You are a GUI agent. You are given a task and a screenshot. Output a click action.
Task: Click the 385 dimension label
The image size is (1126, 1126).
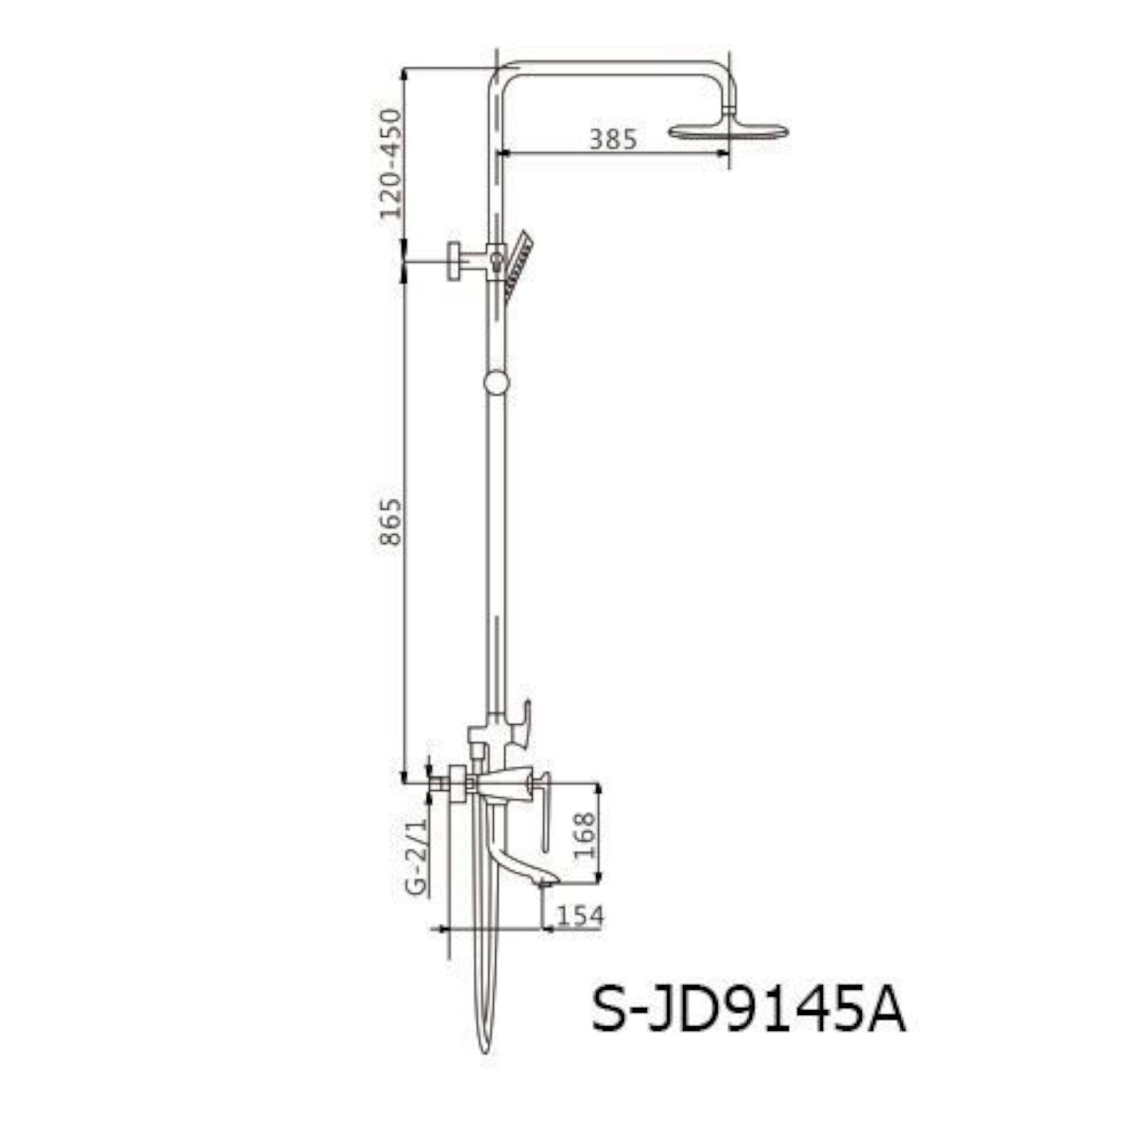pos(613,140)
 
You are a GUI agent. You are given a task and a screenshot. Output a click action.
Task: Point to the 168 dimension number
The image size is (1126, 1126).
pos(584,835)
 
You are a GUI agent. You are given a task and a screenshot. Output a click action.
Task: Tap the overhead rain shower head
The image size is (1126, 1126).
pos(729,131)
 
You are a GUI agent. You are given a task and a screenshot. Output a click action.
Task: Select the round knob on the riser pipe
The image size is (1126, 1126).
pos(497,382)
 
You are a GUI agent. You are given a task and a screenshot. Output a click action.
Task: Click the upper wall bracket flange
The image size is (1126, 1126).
pos(454,261)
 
